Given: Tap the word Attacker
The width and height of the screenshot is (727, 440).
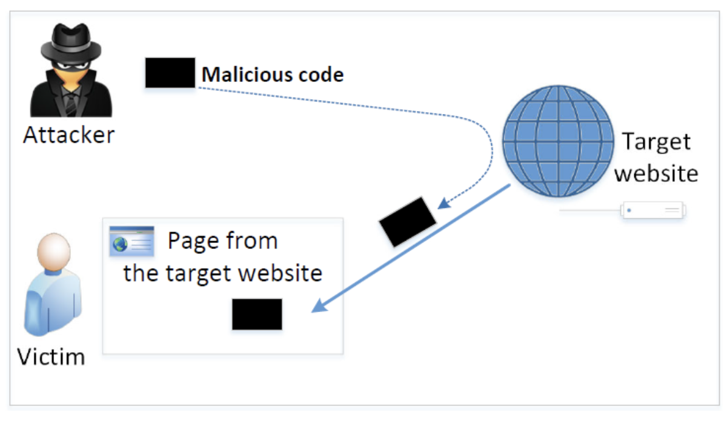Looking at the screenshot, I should [68, 135].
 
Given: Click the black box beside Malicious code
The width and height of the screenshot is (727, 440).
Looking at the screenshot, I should [170, 73].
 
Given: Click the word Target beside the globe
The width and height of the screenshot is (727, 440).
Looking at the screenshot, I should [657, 142].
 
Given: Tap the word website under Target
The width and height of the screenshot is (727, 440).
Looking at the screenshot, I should [657, 173].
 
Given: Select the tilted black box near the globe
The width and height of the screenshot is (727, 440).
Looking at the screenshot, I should [407, 221].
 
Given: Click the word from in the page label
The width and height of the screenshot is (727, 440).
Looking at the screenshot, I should [251, 241].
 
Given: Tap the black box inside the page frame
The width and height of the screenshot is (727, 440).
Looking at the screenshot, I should [257, 314].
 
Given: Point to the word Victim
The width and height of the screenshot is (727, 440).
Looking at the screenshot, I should [51, 356].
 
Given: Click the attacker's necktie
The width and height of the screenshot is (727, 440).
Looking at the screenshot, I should [71, 103].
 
